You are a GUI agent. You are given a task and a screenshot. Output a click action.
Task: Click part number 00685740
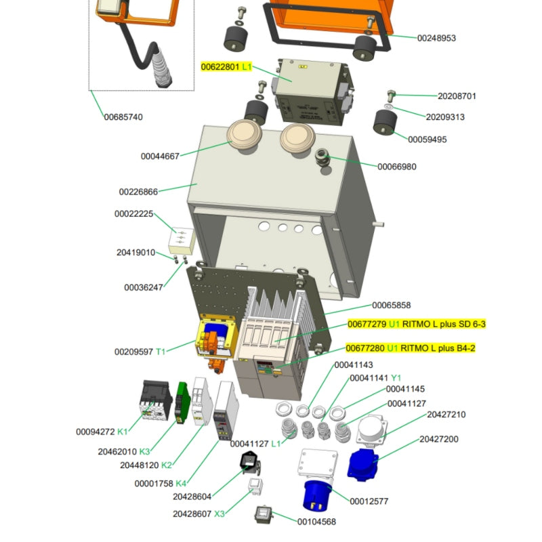(x=123, y=117)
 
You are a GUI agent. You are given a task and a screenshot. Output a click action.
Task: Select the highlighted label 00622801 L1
(x=221, y=67)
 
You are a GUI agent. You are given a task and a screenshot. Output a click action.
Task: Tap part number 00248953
(x=436, y=38)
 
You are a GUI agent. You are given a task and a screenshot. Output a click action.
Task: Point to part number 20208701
(x=457, y=96)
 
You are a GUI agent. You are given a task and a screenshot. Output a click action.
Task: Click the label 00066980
(x=397, y=167)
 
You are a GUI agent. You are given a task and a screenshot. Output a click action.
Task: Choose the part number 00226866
(x=138, y=192)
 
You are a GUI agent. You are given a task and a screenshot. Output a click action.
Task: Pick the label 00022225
(x=133, y=214)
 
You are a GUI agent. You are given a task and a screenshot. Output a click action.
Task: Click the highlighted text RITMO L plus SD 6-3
(x=444, y=324)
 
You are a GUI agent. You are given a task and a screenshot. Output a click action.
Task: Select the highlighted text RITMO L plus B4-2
(x=438, y=348)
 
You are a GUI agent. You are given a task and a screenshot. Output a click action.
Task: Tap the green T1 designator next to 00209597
(x=161, y=352)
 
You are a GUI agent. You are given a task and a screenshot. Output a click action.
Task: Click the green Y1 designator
(x=396, y=377)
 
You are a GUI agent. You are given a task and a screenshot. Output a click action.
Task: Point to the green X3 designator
(x=220, y=514)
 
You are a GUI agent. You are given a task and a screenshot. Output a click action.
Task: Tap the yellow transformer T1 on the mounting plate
(x=215, y=339)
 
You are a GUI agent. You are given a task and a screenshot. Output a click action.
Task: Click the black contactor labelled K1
(x=154, y=402)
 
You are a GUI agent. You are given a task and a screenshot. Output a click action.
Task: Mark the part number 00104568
(x=316, y=521)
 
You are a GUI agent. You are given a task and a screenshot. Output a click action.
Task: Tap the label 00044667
(x=160, y=157)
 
